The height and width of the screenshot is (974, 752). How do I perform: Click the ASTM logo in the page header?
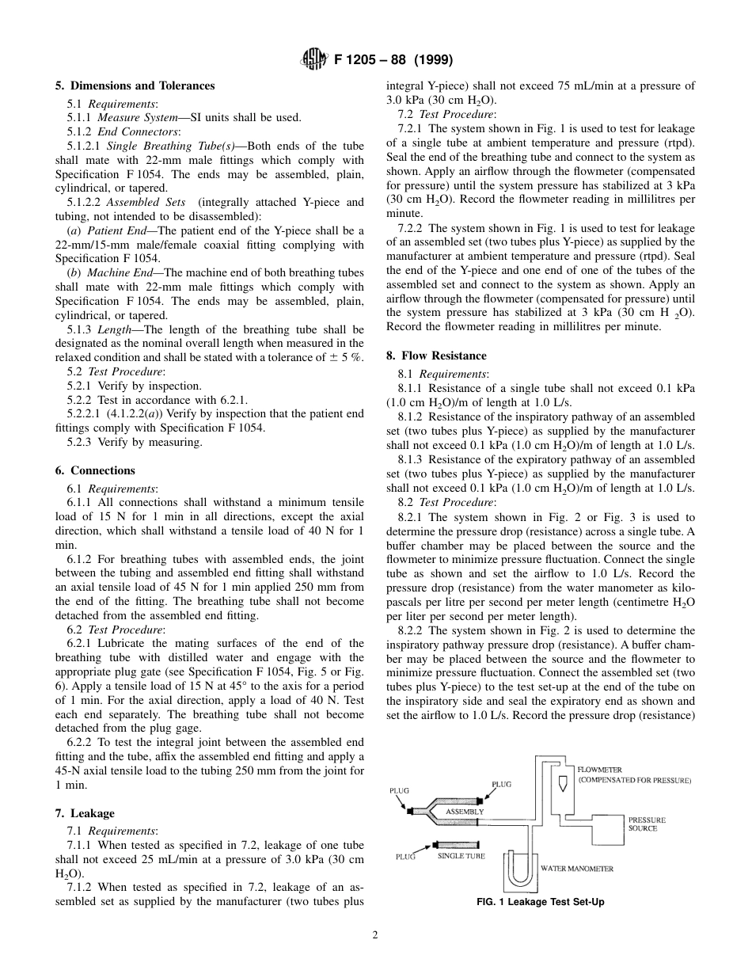(313, 60)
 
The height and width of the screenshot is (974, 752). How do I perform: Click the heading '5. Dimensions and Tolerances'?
(135, 86)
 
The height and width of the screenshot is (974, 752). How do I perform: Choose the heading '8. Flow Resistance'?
(436, 356)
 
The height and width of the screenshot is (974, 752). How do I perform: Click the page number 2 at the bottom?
(375, 934)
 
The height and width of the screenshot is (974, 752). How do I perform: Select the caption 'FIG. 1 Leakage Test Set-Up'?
(540, 902)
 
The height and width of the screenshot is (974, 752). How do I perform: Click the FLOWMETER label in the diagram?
(599, 769)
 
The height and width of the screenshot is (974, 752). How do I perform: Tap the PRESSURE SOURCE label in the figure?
(647, 824)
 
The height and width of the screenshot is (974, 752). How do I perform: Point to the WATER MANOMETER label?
(576, 869)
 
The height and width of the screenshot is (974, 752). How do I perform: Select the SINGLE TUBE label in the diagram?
(461, 856)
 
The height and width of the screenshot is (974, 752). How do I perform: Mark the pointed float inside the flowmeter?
(563, 782)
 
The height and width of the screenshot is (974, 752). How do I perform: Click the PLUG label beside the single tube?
(404, 857)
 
